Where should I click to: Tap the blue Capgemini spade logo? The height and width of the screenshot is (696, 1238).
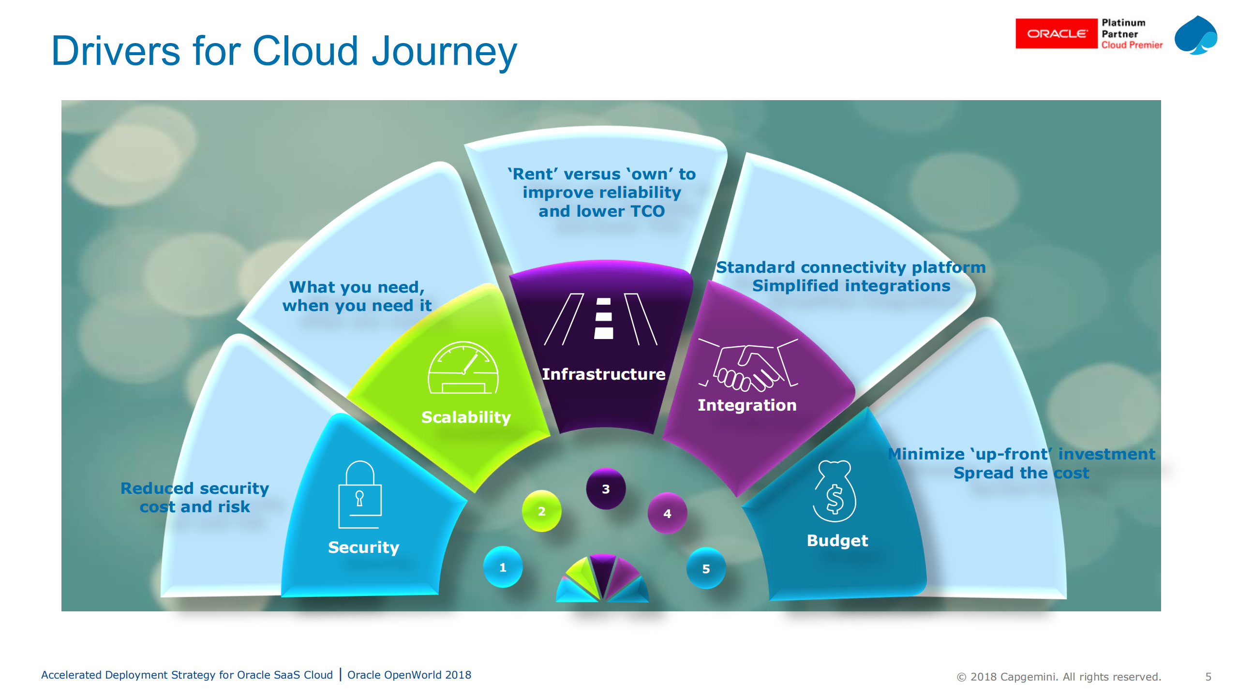[1195, 36]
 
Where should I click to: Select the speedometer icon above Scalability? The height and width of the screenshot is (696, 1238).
[463, 368]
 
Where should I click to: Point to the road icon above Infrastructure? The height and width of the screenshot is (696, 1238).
[600, 319]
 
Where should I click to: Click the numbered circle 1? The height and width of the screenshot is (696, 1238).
[503, 567]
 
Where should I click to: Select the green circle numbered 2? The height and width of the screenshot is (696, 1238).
[541, 511]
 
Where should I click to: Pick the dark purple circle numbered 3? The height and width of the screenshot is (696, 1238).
[605, 489]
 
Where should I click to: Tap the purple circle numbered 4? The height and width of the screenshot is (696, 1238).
[667, 513]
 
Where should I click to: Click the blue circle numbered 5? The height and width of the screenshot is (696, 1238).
[706, 568]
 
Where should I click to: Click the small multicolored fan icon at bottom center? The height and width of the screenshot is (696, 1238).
[602, 579]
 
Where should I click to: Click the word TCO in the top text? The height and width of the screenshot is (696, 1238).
[647, 211]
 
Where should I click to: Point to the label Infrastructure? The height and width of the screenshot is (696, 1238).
[603, 374]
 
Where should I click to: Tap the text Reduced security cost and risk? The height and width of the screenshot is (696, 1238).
[194, 497]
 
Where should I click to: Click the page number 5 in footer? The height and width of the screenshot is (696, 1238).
[1208, 677]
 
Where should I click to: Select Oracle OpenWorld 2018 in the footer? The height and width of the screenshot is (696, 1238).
[409, 675]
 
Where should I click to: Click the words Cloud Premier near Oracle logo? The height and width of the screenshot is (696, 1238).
[1132, 45]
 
